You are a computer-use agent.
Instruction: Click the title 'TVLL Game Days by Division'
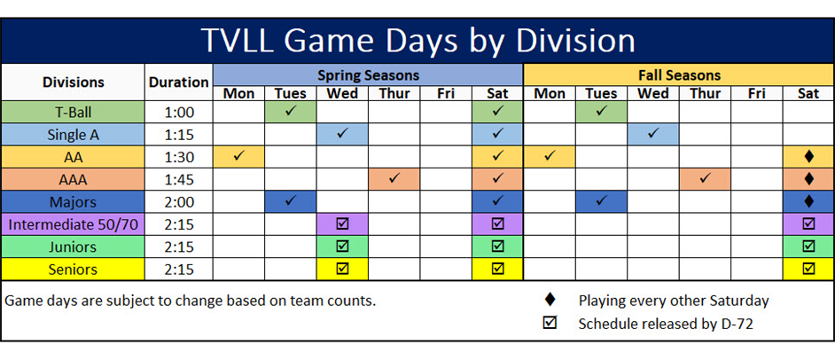pos(417,41)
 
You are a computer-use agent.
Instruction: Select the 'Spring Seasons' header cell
pos(368,74)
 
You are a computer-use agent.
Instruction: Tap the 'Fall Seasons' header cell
pos(679,74)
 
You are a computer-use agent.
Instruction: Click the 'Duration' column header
pos(179,82)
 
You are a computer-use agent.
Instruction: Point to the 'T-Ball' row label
pos(73,112)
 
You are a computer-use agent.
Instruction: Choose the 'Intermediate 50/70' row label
pos(73,223)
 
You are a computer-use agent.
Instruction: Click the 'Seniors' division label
pos(73,268)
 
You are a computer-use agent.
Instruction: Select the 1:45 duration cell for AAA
pos(179,179)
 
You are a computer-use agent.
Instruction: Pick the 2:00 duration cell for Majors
pos(179,201)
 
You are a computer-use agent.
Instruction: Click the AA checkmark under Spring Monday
pos(238,156)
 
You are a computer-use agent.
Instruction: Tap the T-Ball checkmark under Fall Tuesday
pos(601,111)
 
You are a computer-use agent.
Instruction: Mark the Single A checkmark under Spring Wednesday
pos(342,134)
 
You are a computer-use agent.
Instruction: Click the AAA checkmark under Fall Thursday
pos(705,178)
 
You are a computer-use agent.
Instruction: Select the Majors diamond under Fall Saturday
pos(808,201)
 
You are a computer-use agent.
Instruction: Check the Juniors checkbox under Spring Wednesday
pos(342,246)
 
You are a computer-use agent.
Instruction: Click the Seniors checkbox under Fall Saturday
pos(808,268)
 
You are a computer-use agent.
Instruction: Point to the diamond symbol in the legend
pos(550,300)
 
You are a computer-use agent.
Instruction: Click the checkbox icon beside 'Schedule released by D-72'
pos(550,323)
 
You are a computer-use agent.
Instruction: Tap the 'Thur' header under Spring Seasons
pos(394,93)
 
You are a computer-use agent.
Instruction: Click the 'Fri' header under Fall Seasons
pos(756,93)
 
